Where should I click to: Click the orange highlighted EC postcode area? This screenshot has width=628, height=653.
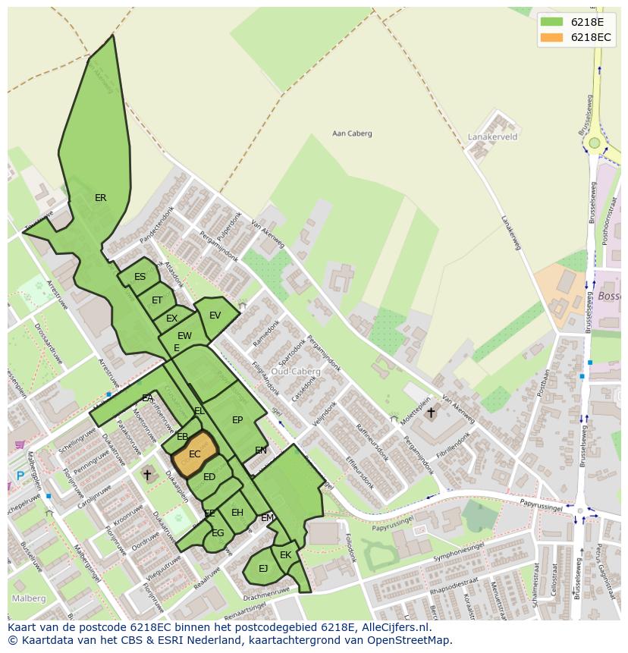pos(194,454)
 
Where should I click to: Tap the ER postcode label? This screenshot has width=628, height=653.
pos(100,198)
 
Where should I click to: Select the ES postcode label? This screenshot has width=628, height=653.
pos(140,277)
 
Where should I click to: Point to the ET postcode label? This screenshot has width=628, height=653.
pos(157,300)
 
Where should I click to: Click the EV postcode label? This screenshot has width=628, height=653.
pos(215,316)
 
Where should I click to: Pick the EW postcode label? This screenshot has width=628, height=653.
pos(184,336)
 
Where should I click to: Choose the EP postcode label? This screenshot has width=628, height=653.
pos(237,420)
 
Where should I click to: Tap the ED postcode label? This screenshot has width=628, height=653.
pos(209,477)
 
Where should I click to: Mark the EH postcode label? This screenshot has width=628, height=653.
pos(237,513)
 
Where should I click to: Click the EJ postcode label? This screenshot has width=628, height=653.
pos(263,568)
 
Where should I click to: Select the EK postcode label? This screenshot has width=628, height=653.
pos(285,555)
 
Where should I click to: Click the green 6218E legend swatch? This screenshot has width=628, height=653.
pos(551,22)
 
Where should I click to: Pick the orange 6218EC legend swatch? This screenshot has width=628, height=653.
pos(551,37)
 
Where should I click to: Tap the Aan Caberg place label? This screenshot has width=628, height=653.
pos(353,134)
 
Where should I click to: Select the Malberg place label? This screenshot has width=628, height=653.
pos(28,598)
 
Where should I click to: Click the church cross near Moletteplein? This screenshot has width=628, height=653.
pos(431,413)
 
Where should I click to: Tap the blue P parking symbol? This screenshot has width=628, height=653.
pos(20,476)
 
